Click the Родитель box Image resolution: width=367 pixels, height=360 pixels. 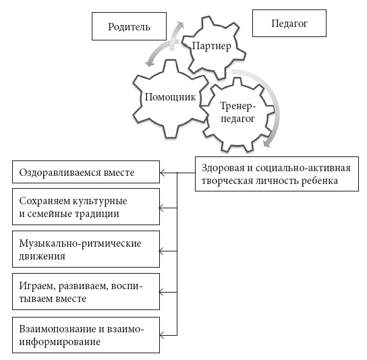click(x=130, y=26)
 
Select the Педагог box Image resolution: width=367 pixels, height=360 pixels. click(x=289, y=23)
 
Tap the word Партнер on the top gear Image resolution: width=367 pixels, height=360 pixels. click(x=212, y=46)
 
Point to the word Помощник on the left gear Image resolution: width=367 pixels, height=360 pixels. click(x=170, y=97)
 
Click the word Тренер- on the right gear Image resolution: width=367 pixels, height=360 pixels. click(x=237, y=107)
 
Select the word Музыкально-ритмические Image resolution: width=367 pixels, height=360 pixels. click(x=80, y=244)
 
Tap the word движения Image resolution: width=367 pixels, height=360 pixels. click(x=42, y=256)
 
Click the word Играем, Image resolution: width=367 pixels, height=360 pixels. click(x=38, y=287)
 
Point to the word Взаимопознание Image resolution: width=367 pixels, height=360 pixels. click(x=57, y=329)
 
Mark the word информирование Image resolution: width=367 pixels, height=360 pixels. click(x=60, y=342)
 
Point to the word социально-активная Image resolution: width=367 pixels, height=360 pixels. click(x=304, y=168)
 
